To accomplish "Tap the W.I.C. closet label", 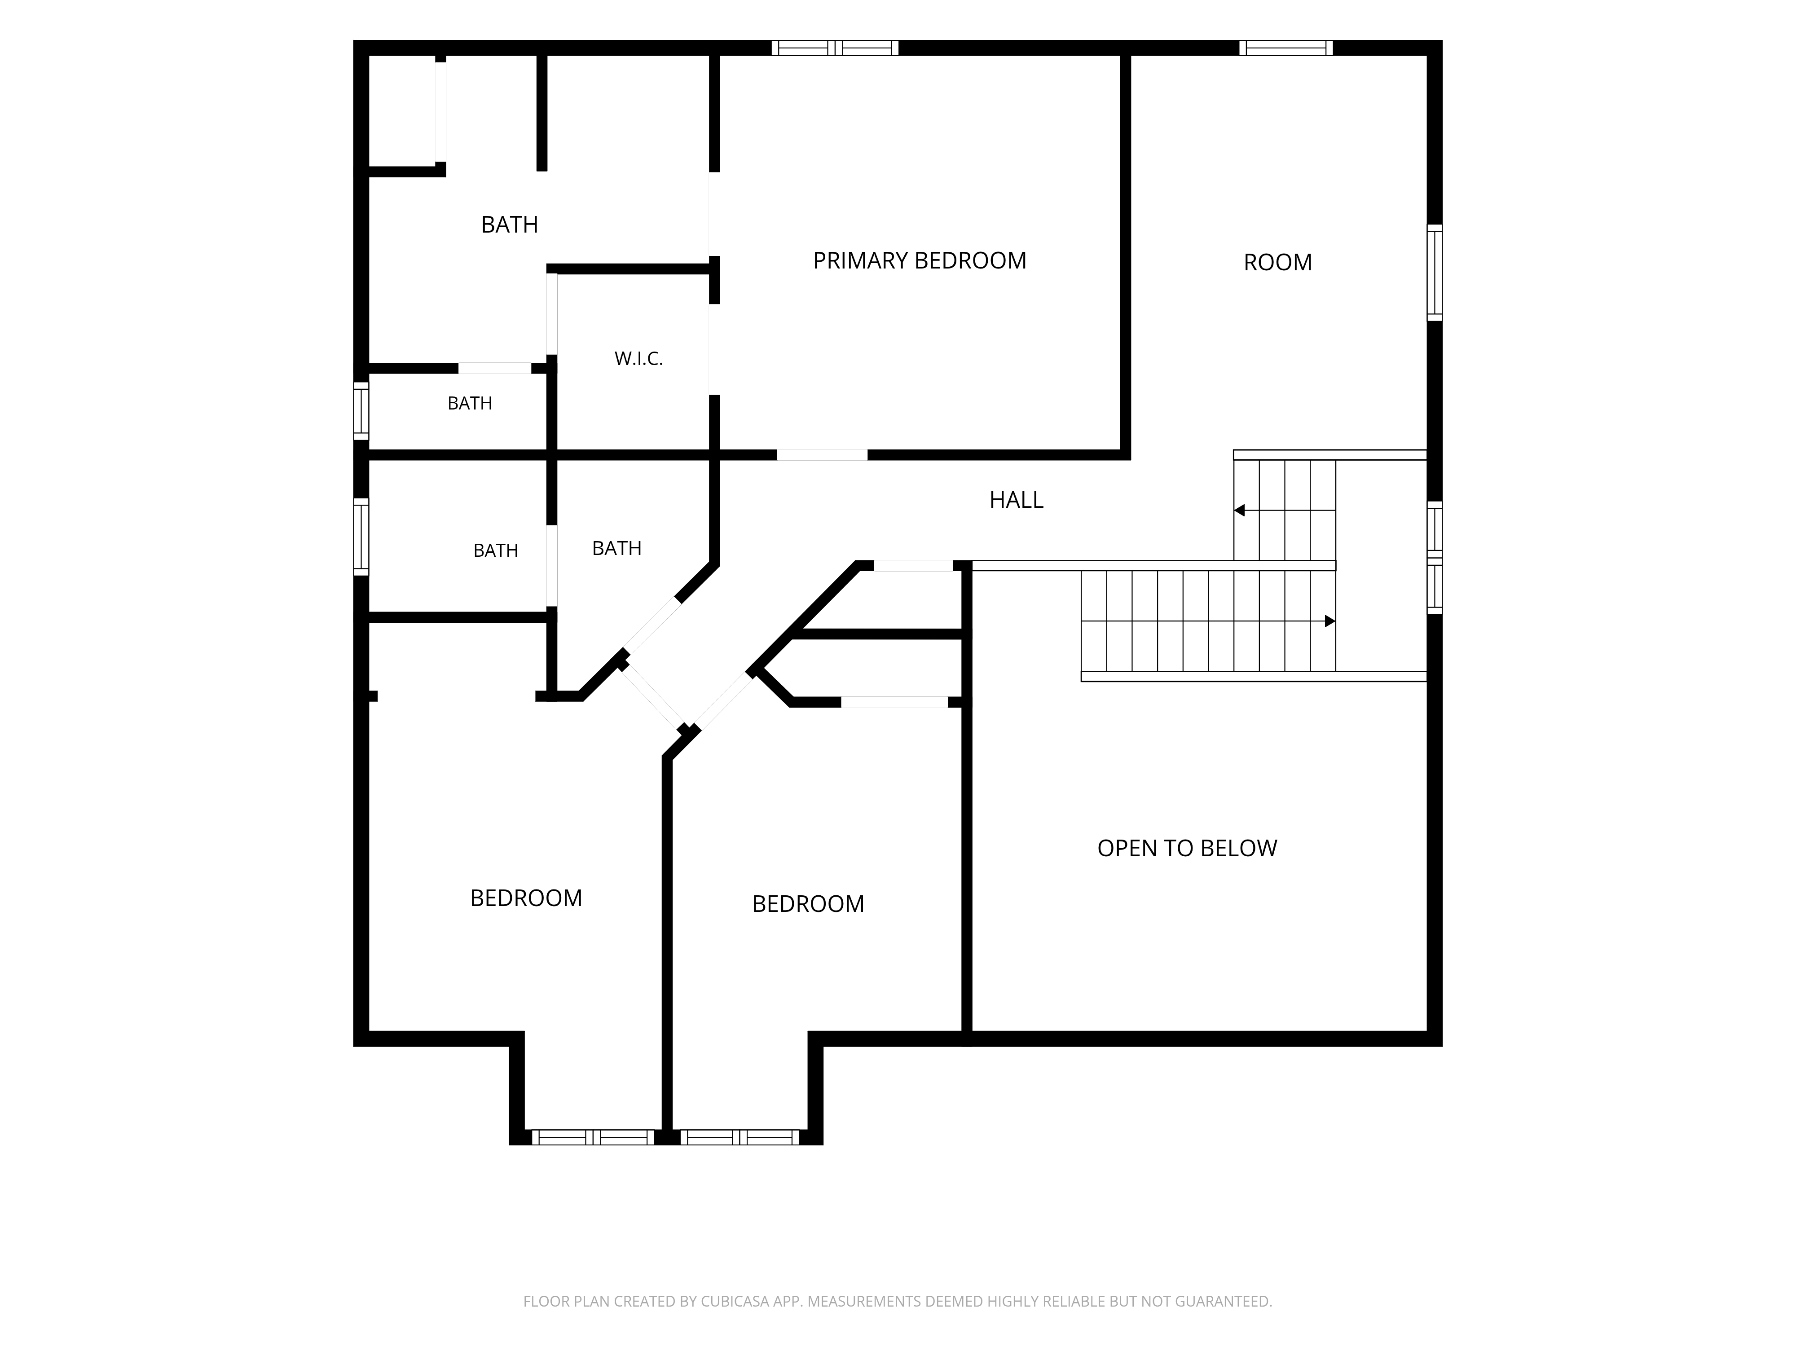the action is (639, 359).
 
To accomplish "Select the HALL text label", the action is (1017, 500).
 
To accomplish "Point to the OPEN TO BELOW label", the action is (1187, 849).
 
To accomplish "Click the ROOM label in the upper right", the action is (1278, 262).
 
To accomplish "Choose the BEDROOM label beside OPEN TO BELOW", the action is (808, 904).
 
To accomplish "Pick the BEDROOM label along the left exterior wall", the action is (526, 898).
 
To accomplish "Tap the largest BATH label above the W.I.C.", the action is (510, 224).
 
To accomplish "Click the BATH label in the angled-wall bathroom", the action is (617, 549).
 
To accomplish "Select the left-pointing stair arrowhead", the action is (1239, 511).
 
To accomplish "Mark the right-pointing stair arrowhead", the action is (1330, 621).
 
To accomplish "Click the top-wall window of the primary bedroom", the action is (835, 48).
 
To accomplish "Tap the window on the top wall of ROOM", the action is (1286, 48).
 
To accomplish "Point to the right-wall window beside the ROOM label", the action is (1435, 273).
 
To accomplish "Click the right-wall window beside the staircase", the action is (1435, 557).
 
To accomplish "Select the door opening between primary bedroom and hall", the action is (823, 455).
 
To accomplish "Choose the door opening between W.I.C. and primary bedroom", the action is (714, 349).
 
